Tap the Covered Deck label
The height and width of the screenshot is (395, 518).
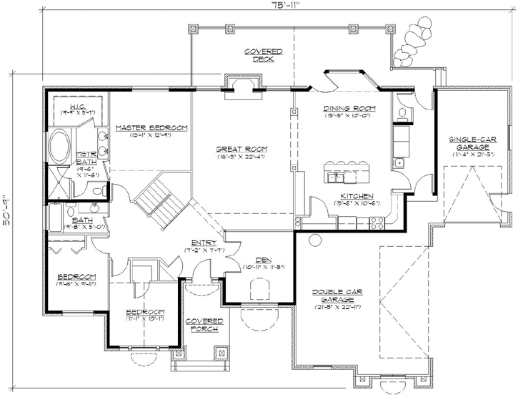[263, 55]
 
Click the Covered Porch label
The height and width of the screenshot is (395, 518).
[203, 325]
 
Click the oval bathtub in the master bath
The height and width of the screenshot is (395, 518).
[59, 150]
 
